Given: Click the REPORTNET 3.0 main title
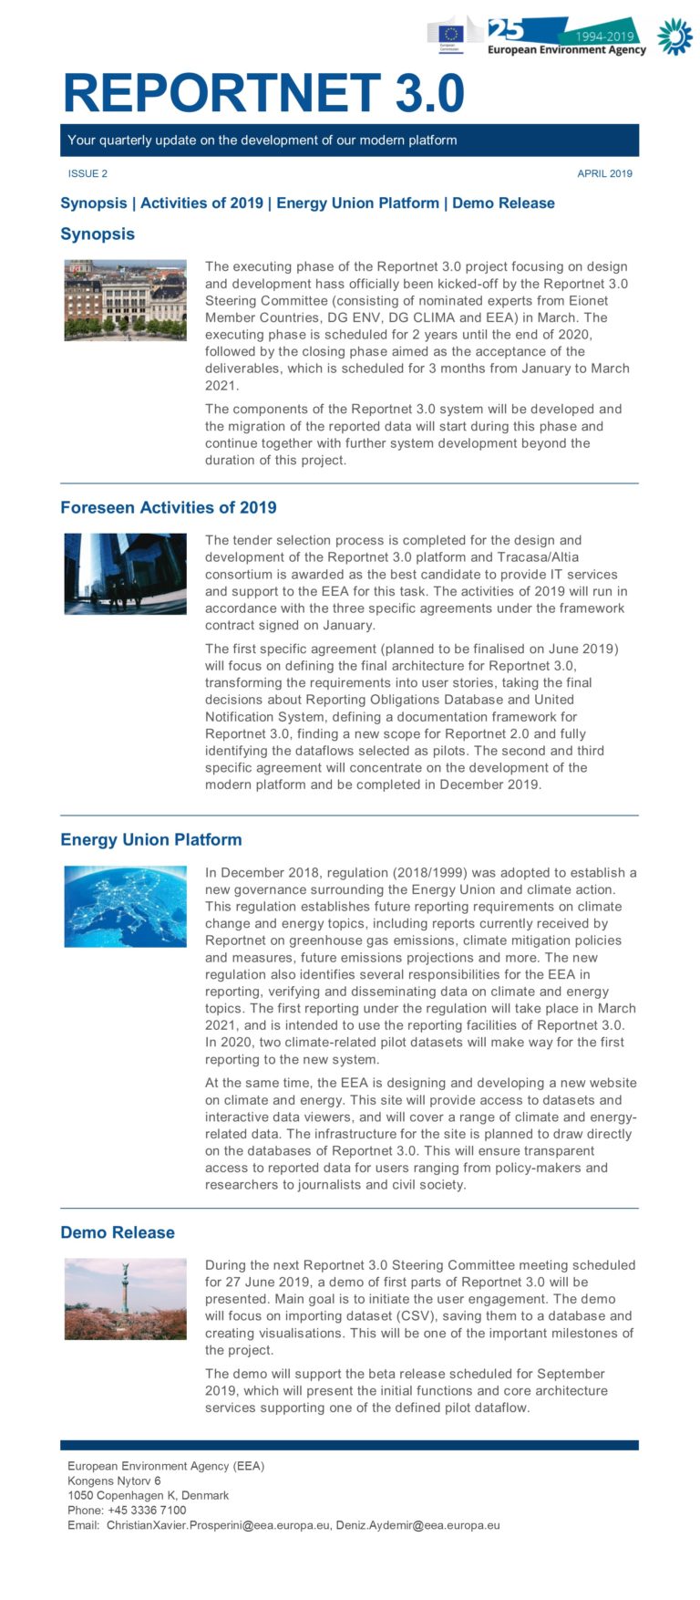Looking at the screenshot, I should (263, 92).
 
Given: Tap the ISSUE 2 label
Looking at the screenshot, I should (87, 173).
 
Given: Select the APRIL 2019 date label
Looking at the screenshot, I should (604, 173).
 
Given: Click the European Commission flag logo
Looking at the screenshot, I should (449, 36).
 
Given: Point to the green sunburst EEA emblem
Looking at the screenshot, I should (674, 36).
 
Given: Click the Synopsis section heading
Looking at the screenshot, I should (98, 234).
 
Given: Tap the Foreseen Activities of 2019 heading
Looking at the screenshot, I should (169, 508).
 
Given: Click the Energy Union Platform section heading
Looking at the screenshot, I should (151, 840).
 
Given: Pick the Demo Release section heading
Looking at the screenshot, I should (118, 1232).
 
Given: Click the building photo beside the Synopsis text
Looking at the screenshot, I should (126, 300).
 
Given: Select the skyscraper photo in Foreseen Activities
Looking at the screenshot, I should (126, 574).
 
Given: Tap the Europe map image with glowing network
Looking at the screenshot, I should (126, 906).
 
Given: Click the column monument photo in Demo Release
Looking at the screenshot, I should (126, 1299).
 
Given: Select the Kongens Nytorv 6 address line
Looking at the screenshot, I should (114, 1481).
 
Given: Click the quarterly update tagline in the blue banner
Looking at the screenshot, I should (262, 140).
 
